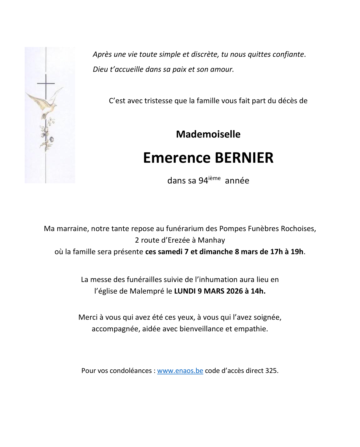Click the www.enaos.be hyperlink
pos(180,371)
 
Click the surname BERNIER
pos(244,158)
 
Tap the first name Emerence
pos(177,158)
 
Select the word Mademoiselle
pos(208,134)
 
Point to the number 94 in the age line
pos(203,181)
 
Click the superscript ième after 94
pos(214,178)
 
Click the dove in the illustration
pos(44,102)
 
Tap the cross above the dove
pos(46,84)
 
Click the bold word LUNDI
pos(185,291)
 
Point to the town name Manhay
pos(211,240)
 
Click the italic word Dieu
pos(100,69)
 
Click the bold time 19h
pos(297,251)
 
